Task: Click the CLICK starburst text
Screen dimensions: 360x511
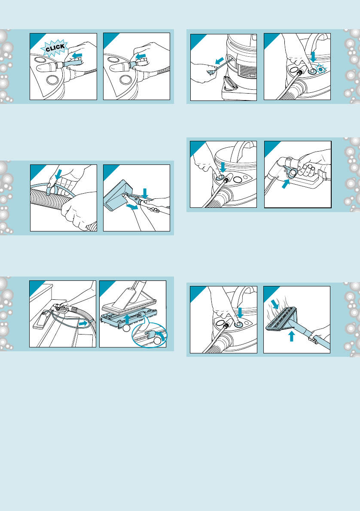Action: click(55, 48)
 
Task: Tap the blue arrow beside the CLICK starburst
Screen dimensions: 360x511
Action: click(77, 56)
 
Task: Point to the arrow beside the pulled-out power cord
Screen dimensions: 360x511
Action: click(220, 61)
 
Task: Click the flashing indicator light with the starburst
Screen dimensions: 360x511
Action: click(321, 69)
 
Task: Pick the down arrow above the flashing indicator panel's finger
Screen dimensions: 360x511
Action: click(313, 56)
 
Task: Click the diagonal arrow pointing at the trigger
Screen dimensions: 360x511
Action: click(286, 184)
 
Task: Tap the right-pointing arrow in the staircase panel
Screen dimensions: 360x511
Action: click(84, 323)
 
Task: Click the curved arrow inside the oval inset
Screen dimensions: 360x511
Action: click(160, 335)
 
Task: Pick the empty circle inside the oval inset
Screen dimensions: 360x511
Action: click(158, 341)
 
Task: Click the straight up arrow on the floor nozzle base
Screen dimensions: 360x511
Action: click(127, 319)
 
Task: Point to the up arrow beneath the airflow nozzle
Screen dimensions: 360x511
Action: click(292, 336)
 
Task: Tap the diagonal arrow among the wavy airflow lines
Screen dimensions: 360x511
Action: click(275, 304)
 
